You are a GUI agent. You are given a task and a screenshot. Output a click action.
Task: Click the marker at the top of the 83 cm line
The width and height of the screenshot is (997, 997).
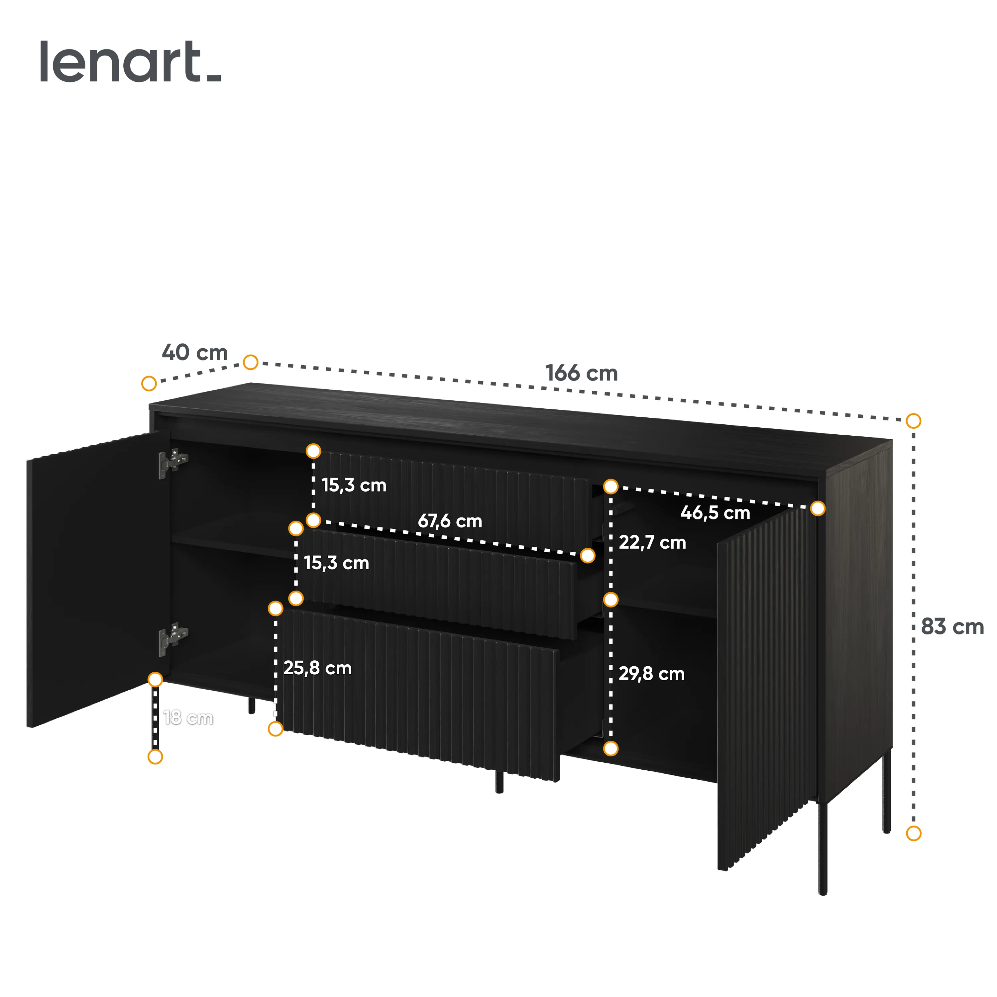[913, 421]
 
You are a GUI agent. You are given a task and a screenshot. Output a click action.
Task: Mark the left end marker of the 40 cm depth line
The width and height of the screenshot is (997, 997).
[149, 384]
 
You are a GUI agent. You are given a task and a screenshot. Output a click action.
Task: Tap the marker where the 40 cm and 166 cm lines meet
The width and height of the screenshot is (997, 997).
[250, 362]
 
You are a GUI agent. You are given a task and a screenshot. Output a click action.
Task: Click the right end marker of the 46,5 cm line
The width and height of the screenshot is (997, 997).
[818, 508]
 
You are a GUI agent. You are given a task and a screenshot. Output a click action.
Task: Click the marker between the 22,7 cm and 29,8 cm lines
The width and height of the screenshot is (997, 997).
[610, 600]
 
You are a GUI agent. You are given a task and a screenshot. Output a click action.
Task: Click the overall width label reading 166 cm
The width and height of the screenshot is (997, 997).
[582, 373]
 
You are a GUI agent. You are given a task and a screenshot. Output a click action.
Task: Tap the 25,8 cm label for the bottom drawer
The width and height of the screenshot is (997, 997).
[317, 668]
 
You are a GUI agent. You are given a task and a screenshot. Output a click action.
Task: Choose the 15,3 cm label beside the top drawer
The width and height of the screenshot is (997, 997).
[354, 485]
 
